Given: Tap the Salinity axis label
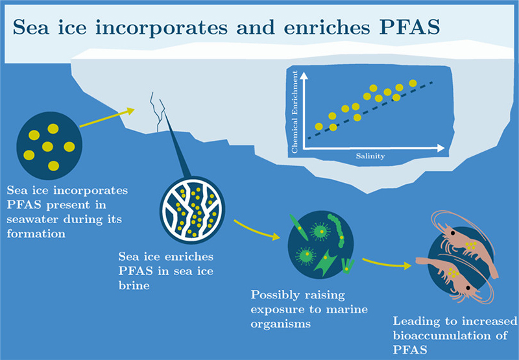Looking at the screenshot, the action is coord(370,156).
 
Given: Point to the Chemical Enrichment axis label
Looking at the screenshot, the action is coord(295,112).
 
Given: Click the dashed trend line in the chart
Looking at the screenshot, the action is coord(370,110).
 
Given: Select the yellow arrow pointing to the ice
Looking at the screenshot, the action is coord(107,117).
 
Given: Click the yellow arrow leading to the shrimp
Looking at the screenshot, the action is coord(387,263).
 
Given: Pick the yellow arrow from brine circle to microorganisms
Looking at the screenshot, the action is coord(256,230).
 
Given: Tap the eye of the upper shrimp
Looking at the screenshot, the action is coord(452,234).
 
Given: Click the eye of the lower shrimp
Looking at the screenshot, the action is coord(468,287).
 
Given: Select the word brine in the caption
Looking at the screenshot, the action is coord(134,285).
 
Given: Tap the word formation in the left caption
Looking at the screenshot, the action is coord(36,234).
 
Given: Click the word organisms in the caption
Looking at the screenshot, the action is coord(281,324).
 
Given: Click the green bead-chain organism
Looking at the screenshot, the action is coord(337,230).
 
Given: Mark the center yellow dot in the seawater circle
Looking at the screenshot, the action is coord(47,146).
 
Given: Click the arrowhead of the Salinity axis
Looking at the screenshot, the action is coord(441,149).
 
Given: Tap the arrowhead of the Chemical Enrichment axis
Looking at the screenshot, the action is coord(304,76).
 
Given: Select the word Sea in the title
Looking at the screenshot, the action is coord(30,27).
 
